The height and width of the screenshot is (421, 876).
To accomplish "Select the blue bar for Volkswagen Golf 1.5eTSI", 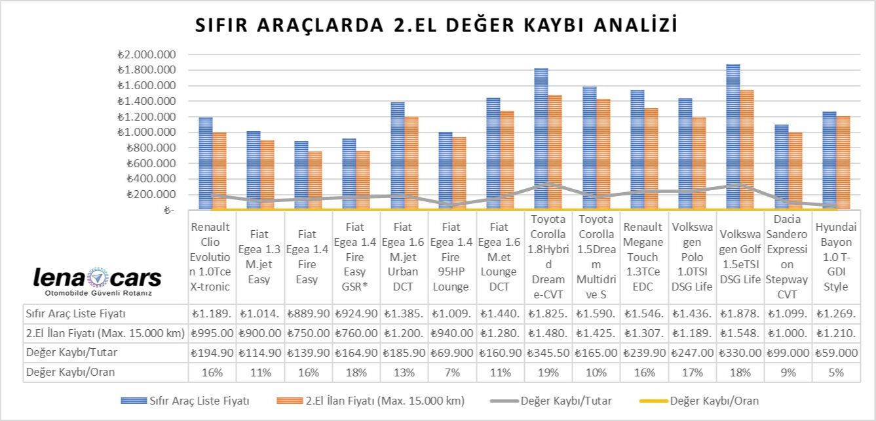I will tap(733, 138).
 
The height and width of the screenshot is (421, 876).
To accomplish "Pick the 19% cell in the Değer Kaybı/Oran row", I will tap(548, 372).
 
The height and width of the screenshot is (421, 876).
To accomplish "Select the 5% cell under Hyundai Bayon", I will tap(835, 372).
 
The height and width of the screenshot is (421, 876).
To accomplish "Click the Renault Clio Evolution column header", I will tap(211, 256).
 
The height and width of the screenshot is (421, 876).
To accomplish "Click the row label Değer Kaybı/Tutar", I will tap(67, 353).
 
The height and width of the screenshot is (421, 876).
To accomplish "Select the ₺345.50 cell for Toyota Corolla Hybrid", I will tap(548, 353).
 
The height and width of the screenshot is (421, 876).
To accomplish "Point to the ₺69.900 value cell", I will tap(452, 353).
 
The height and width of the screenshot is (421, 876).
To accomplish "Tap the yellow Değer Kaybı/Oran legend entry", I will tap(708, 400).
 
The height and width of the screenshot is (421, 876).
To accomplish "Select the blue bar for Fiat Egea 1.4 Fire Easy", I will tap(301, 175).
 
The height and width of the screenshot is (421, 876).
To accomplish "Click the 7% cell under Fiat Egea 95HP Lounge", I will tap(452, 372).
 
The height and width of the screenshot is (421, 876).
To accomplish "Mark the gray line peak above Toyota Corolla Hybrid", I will tap(548, 184).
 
